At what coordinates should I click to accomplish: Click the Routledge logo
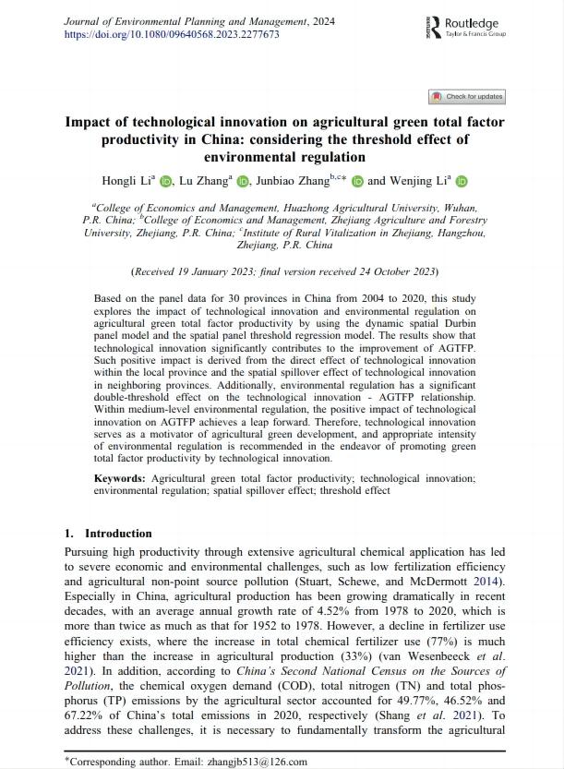click(467, 27)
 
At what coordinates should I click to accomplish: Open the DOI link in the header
click(172, 34)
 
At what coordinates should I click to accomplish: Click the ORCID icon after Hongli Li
click(166, 181)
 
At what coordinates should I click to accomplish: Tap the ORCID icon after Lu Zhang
click(243, 181)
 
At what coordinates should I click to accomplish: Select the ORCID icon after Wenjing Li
click(462, 181)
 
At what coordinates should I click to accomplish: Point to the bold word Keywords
click(119, 478)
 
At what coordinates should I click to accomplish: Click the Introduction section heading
click(118, 534)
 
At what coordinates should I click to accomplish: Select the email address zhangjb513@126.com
click(262, 762)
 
